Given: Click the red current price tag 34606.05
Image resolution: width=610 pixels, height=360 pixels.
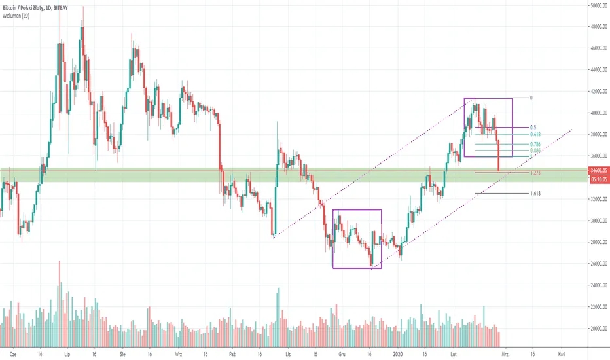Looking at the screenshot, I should (594, 170).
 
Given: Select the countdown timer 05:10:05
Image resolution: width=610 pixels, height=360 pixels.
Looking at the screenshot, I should (594, 177).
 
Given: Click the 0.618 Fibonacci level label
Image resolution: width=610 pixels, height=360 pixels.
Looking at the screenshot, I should (535, 134).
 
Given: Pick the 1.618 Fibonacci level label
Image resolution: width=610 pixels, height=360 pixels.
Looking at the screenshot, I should (535, 194).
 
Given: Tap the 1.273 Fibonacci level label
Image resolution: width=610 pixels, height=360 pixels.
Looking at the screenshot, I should (535, 173).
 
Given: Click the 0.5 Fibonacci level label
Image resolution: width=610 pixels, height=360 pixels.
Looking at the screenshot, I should (533, 127).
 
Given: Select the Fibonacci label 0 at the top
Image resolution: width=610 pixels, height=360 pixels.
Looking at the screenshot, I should (531, 98).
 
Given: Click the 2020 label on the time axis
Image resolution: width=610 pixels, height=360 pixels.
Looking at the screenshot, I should (398, 351).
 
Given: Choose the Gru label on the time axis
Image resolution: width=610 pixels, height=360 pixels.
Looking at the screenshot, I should (342, 351).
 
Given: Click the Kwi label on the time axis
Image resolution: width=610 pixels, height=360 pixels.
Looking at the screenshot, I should (562, 351).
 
